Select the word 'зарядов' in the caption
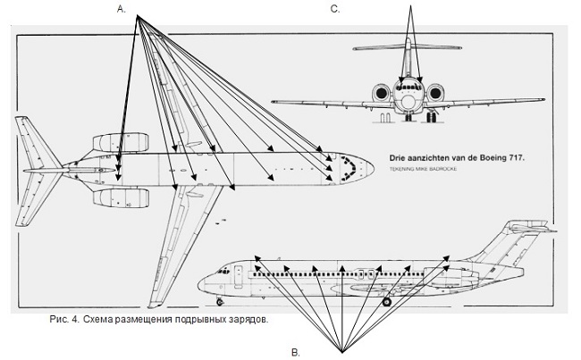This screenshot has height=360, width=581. coord(246,319)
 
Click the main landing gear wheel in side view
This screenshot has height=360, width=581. coord(387,302)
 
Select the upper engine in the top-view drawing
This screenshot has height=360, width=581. coord(111,143)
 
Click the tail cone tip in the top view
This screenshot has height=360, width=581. coord(17,170)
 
